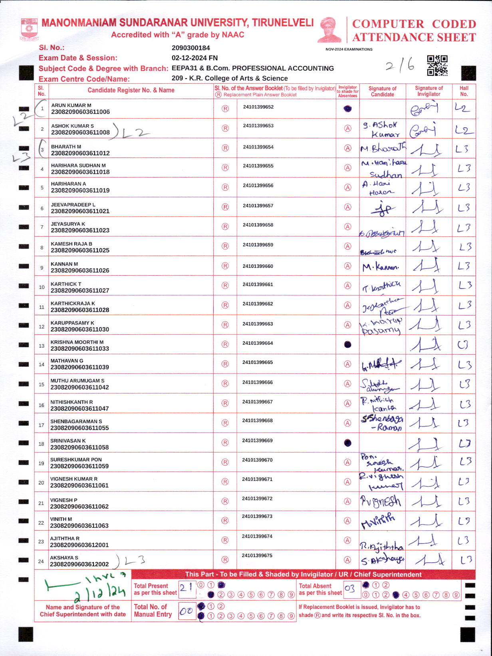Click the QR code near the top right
pos(437,65)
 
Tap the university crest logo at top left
pos(29,29)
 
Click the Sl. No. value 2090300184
pos(191,48)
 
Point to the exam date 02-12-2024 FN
pos(194,58)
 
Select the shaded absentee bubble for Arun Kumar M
pos(348,109)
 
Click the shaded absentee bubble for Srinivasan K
pos(348,443)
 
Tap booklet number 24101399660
pos(258,266)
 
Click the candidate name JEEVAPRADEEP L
pos(73,205)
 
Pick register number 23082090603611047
pos(79,409)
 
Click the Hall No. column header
pos(464,91)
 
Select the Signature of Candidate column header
pos(382,91)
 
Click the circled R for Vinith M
pos(225,521)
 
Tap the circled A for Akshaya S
pos(348,560)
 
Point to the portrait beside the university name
pos(329,30)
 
